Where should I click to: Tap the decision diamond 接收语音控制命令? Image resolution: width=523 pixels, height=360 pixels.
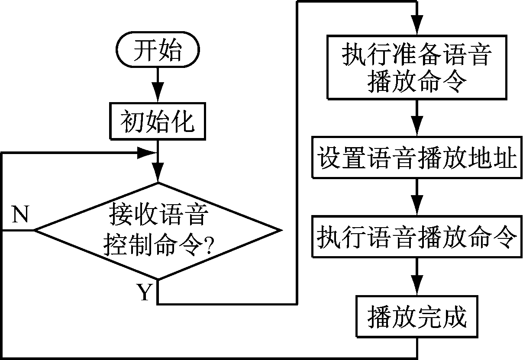point(157,230)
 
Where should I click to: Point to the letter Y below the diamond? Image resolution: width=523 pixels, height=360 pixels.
point(145,292)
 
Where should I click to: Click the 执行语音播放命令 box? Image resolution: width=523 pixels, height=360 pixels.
point(416,238)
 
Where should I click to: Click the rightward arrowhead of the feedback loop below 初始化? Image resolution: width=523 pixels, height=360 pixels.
point(147,152)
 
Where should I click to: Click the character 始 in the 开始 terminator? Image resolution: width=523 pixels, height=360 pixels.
point(172,50)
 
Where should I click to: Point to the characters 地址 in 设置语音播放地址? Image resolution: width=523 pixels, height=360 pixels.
point(492,159)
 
